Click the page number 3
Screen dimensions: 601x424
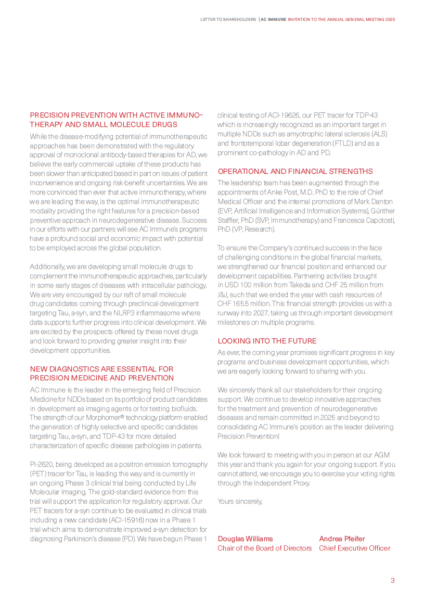[x=393, y=581]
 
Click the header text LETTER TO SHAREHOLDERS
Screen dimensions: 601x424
[x=228, y=19]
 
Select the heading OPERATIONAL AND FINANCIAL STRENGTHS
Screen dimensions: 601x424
[x=295, y=171]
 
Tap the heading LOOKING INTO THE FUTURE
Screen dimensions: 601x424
[x=267, y=341]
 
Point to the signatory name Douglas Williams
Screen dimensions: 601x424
[x=245, y=539]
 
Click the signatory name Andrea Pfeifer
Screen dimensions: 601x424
[x=342, y=539]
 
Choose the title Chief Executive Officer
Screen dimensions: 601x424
[x=354, y=548]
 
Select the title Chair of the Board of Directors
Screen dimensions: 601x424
[x=264, y=548]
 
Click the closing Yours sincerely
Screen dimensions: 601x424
[x=240, y=501]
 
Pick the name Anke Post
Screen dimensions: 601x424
[x=281, y=192]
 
